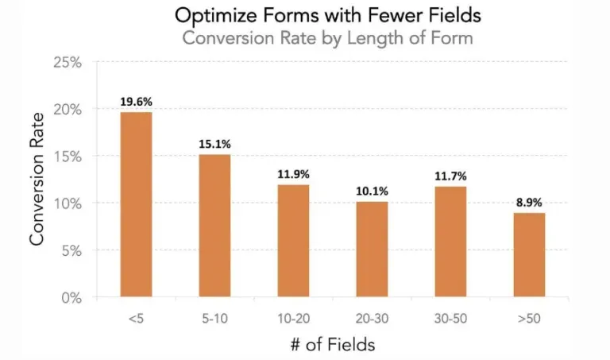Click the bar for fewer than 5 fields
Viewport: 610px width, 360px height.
tap(136, 205)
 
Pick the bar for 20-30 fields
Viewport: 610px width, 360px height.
tap(372, 250)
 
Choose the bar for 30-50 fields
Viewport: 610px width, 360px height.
tap(450, 242)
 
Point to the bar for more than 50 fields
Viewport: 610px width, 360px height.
tap(528, 255)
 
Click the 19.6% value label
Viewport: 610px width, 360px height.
tap(136, 102)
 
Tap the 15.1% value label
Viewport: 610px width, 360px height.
tap(214, 144)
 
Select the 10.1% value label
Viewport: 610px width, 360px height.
tap(372, 192)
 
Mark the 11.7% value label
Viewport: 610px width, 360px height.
tap(450, 176)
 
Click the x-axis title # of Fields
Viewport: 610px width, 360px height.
tap(332, 345)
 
